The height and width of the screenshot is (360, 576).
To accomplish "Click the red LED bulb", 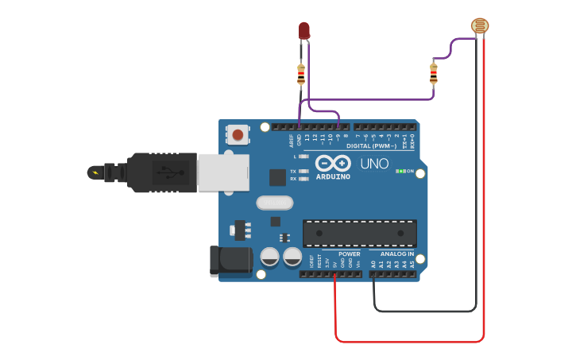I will pyautogui.click(x=304, y=30).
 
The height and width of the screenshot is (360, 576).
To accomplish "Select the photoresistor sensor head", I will pyautogui.click(x=480, y=26).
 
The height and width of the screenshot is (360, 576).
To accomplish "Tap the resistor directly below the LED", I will pyautogui.click(x=300, y=75).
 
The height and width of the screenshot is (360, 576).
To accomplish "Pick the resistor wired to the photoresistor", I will pyautogui.click(x=433, y=74).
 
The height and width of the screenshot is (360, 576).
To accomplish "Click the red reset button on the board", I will pyautogui.click(x=238, y=134).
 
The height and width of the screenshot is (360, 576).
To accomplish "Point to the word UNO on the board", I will pyautogui.click(x=374, y=164).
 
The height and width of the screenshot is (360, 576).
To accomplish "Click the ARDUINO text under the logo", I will pyautogui.click(x=333, y=176).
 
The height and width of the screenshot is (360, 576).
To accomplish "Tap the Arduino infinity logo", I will pyautogui.click(x=333, y=163).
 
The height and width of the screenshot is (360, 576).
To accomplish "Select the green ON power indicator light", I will pyautogui.click(x=401, y=171).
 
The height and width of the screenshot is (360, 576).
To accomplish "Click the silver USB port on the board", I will pyautogui.click(x=223, y=172).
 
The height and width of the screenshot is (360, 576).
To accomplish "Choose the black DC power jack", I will pyautogui.click(x=230, y=261).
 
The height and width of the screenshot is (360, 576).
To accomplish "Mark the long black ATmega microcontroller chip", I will pyautogui.click(x=360, y=233).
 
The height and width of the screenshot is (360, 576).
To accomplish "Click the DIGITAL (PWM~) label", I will pyautogui.click(x=371, y=145).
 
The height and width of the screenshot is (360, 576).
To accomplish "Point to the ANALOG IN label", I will pyautogui.click(x=396, y=254).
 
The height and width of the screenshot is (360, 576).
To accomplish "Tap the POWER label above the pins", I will pyautogui.click(x=349, y=254).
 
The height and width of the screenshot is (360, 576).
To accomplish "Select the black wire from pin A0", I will pyautogui.click(x=425, y=311).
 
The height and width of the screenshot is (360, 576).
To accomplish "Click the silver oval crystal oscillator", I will pyautogui.click(x=275, y=203).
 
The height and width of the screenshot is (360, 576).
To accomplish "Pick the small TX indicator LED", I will pyautogui.click(x=303, y=171).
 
